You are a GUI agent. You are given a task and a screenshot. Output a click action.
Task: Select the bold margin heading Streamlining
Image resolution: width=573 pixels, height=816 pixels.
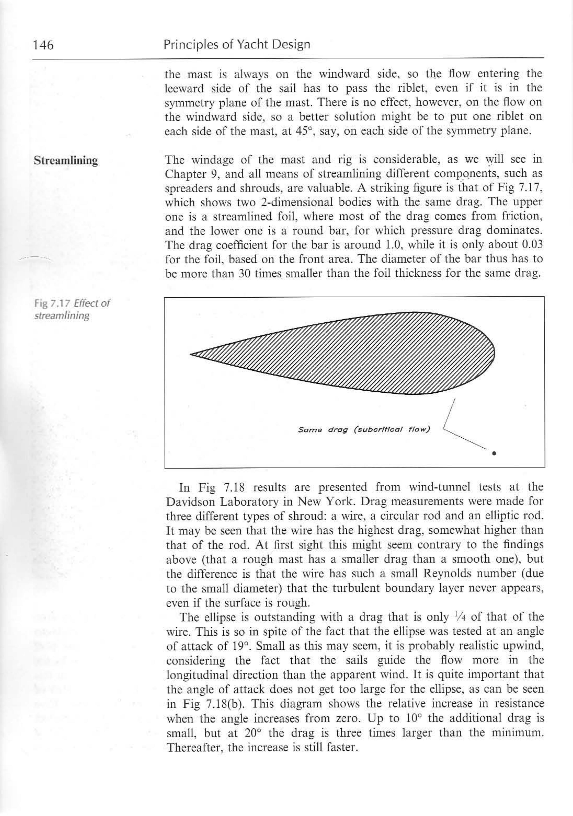coord(66,161)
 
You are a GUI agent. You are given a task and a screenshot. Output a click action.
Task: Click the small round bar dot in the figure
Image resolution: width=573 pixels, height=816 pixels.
coord(494,453)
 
